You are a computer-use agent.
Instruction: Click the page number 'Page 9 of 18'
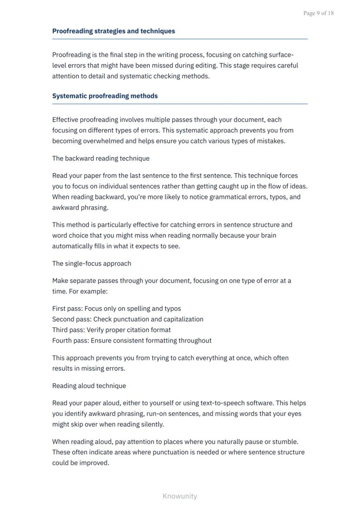pos(318,13)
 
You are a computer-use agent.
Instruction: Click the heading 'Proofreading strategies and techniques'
pos(113,31)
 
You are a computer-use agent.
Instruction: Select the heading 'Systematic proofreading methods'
pos(105,96)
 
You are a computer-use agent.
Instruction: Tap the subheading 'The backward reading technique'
pos(100,158)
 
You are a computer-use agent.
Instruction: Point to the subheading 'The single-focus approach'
pos(91,263)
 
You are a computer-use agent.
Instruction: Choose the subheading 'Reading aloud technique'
pos(89,386)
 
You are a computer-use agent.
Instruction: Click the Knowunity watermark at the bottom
pos(180,496)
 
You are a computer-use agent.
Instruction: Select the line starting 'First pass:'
pos(116,309)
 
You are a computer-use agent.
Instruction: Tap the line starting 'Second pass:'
pos(127,319)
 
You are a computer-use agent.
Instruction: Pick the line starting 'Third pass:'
pos(111,330)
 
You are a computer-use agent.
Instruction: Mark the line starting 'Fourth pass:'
pos(132,340)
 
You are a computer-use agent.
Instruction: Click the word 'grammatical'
pos(228,197)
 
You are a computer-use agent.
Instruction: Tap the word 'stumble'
pos(285,442)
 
